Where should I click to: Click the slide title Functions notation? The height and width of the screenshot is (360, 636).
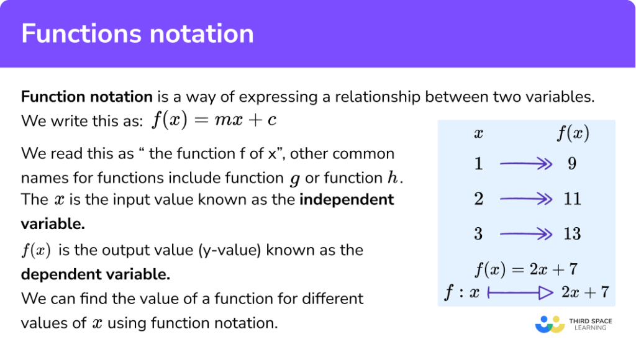point(137,34)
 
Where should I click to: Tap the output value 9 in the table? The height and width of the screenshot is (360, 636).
point(572,164)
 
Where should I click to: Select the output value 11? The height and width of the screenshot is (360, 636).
point(572,199)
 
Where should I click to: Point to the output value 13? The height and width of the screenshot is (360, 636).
point(572,234)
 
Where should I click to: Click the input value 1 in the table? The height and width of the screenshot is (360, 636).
point(478,164)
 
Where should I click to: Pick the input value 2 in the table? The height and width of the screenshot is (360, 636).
point(478,199)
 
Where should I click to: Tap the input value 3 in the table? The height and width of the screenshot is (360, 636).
point(478,234)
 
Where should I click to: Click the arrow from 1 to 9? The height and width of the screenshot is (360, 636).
point(525,164)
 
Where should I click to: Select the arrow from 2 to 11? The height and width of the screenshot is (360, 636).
point(525,199)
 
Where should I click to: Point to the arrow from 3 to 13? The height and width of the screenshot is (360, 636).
point(525,234)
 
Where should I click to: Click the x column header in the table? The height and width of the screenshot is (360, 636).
point(478,133)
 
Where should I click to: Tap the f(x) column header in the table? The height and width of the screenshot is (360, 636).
point(572,133)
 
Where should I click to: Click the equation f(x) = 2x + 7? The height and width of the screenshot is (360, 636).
point(525,270)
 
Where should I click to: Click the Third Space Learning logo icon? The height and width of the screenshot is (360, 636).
point(549,324)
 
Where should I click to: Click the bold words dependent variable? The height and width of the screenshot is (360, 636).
point(96,274)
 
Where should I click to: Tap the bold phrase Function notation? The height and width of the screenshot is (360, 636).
point(86,97)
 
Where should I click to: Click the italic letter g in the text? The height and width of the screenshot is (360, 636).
point(294,179)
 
